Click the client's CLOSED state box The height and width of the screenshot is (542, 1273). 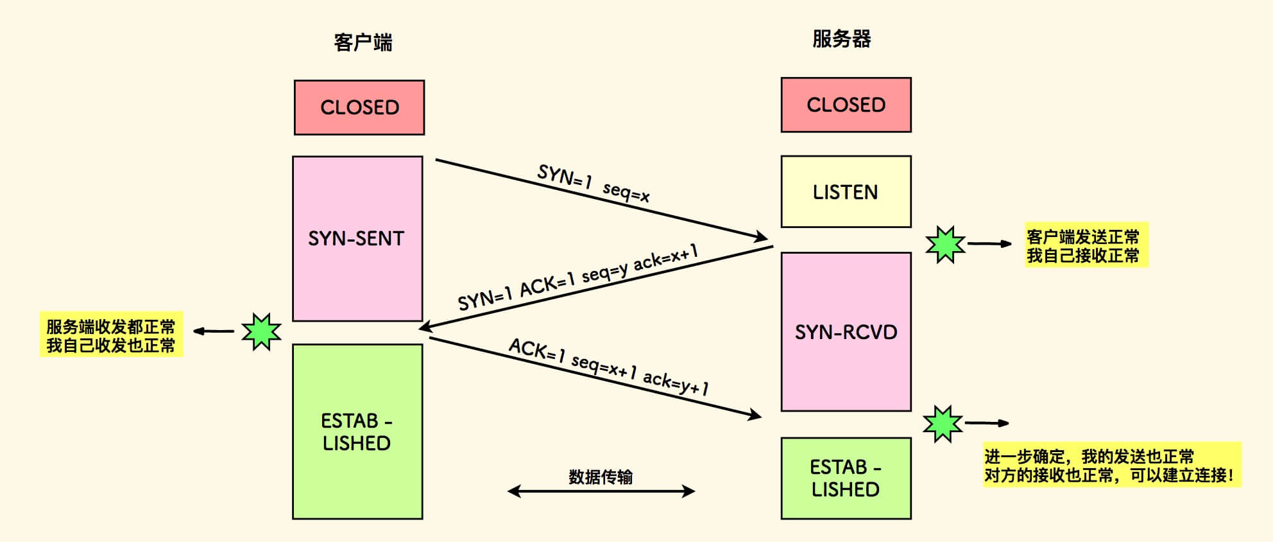(x=359, y=107)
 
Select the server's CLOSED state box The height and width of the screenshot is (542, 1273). (x=846, y=105)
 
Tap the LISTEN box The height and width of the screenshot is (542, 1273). (x=846, y=191)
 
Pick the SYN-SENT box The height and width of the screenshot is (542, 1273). (x=357, y=238)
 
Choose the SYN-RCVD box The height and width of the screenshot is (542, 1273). (x=846, y=331)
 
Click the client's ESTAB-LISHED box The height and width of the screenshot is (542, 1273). (x=357, y=432)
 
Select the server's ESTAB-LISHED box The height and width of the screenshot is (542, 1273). (x=846, y=478)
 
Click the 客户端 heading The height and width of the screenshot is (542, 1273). (x=363, y=42)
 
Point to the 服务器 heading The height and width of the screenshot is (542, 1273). (x=841, y=39)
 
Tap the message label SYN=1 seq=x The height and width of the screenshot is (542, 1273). (x=594, y=183)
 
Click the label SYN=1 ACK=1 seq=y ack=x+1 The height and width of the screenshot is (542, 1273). (x=577, y=277)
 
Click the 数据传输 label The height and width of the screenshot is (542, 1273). (x=601, y=476)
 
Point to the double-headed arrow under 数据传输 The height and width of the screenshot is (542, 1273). (x=601, y=492)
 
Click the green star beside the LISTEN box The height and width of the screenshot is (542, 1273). (x=945, y=244)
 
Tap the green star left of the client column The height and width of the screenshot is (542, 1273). (x=261, y=331)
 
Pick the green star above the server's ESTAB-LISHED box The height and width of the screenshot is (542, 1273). (x=943, y=424)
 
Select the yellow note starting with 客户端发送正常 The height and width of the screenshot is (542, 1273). (x=1086, y=245)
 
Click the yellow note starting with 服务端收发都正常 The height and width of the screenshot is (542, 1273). (x=111, y=335)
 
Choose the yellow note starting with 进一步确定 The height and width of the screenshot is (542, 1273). (x=1111, y=466)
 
